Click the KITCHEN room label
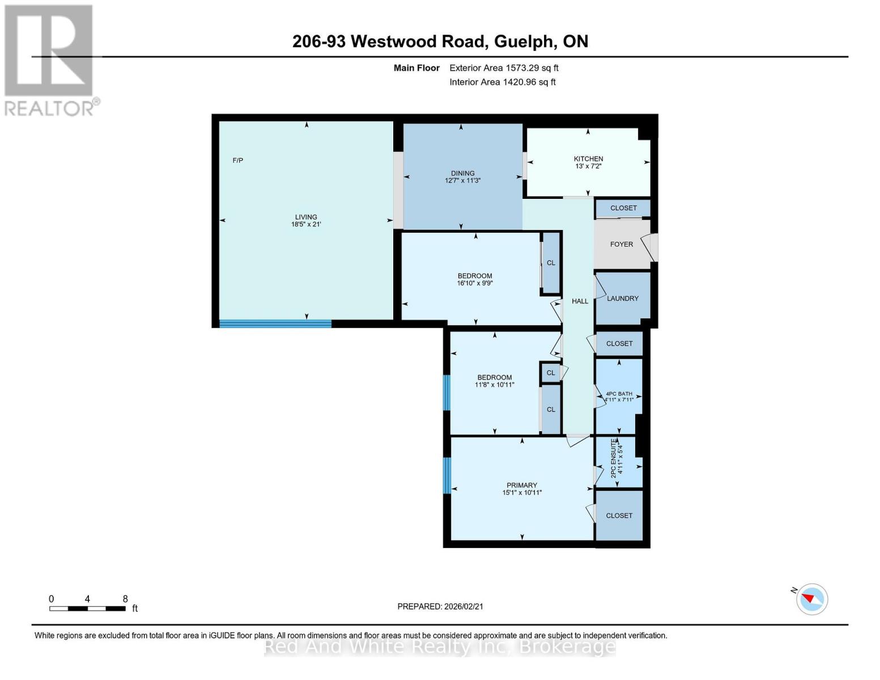[x=588, y=159]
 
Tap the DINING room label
[x=462, y=173]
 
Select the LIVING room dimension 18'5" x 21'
[x=306, y=224]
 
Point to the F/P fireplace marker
[x=238, y=160]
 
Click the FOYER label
[x=621, y=244]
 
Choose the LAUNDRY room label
[x=622, y=299]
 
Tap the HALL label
[x=580, y=301]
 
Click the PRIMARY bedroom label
[x=521, y=485]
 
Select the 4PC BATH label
[x=619, y=394]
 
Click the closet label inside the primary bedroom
[x=619, y=516]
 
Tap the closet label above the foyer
[x=623, y=208]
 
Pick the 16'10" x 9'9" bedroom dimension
[x=475, y=283]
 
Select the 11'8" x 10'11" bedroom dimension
[x=494, y=385]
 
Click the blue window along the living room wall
[x=275, y=324]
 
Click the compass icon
[x=811, y=599]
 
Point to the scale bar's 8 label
[x=125, y=599]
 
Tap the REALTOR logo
[x=49, y=60]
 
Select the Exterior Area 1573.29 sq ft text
[x=504, y=68]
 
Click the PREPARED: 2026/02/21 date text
[x=440, y=606]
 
